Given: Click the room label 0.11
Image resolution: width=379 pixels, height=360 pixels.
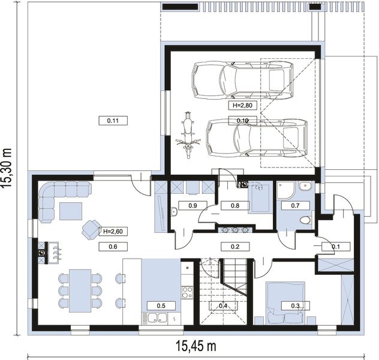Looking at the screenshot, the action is [x=113, y=121].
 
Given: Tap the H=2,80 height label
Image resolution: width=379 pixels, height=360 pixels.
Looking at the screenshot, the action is [x=242, y=105].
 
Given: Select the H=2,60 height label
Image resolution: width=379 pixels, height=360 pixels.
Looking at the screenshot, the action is [x=113, y=232].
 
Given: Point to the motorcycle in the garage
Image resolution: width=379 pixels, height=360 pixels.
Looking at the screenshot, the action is [x=188, y=135].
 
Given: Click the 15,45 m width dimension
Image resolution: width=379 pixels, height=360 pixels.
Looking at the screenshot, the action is [x=195, y=346].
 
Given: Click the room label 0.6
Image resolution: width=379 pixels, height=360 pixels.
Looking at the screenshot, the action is [x=113, y=247].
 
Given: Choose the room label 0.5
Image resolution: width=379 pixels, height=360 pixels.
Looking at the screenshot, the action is [x=161, y=306].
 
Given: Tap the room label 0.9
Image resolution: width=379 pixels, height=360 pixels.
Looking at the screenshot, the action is [x=192, y=206].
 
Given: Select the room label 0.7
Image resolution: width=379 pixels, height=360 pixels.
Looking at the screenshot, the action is [x=296, y=206].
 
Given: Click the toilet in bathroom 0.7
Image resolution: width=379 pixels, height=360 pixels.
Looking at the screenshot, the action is [x=306, y=220].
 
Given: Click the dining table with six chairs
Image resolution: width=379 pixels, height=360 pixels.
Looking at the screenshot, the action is [x=80, y=290].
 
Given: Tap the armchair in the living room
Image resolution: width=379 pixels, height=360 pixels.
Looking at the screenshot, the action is [x=91, y=230].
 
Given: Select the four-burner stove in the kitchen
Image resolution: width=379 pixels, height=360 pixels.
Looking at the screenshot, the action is [x=187, y=293].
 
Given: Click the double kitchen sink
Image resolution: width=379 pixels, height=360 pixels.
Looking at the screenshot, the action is [x=157, y=318].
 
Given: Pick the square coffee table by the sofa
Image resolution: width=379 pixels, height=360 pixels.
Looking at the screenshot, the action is [x=71, y=211].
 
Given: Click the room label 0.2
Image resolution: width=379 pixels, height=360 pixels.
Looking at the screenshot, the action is [x=235, y=247].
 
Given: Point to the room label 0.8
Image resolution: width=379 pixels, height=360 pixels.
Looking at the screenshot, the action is [x=235, y=206].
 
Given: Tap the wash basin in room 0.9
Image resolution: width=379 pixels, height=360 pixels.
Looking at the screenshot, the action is [x=174, y=211].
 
